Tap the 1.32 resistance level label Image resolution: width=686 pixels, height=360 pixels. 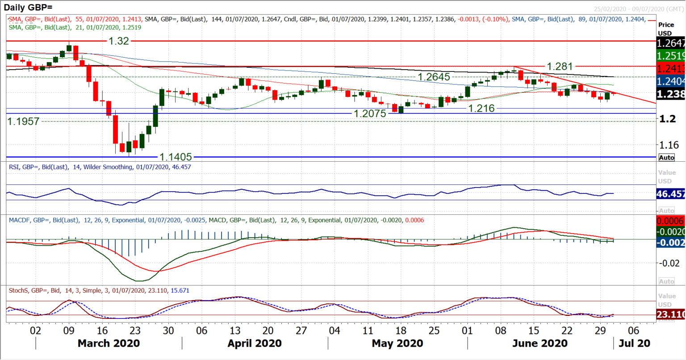tap(119, 41)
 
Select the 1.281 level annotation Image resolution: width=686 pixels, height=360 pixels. tap(560, 67)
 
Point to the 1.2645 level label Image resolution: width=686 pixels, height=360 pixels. tap(434, 77)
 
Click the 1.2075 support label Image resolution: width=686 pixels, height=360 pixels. tap(370, 113)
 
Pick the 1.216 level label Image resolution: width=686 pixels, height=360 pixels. tap(481, 108)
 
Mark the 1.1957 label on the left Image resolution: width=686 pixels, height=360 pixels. tap(23, 121)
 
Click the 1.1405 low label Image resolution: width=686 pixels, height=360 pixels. tap(176, 157)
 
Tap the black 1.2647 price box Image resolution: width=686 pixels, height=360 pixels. tap(670, 43)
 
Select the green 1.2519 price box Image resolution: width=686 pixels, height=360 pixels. tap(670, 56)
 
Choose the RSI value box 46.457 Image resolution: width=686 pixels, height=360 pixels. tap(670, 194)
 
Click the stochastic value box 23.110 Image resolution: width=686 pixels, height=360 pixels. tap(670, 315)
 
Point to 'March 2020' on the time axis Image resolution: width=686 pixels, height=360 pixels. tap(109, 343)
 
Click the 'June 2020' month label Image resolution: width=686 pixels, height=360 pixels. tap(540, 343)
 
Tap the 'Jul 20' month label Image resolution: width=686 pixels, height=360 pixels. tap(634, 343)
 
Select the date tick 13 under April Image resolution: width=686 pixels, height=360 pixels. tap(235, 331)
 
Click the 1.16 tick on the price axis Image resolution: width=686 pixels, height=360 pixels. tap(669, 145)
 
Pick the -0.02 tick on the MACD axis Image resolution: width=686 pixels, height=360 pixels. tap(669, 263)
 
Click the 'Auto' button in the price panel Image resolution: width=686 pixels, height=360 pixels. tap(666, 157)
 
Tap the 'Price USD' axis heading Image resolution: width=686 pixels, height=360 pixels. tap(666, 29)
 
